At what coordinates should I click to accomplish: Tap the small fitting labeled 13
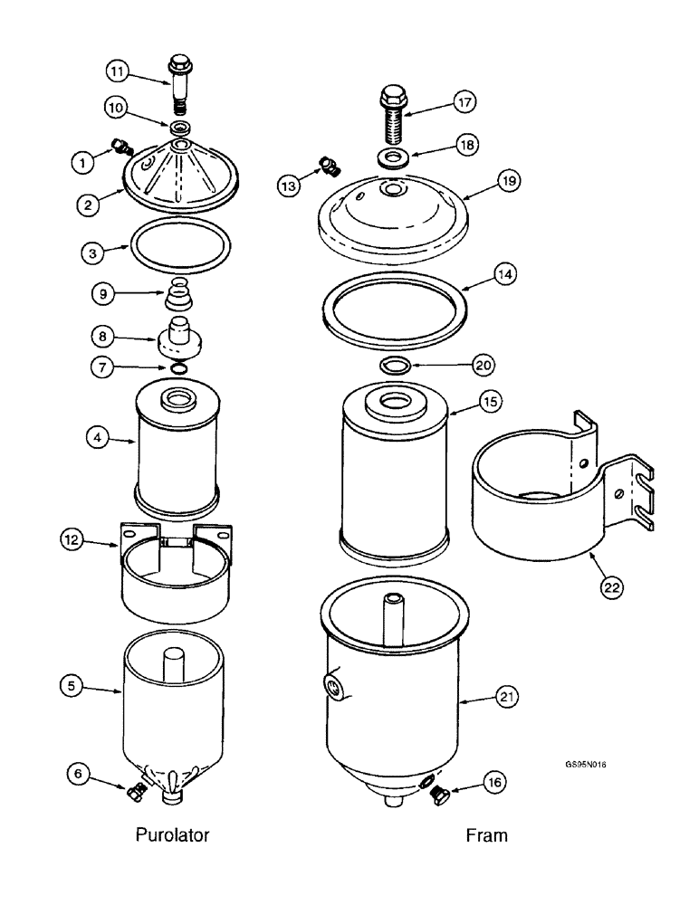point(328,167)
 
